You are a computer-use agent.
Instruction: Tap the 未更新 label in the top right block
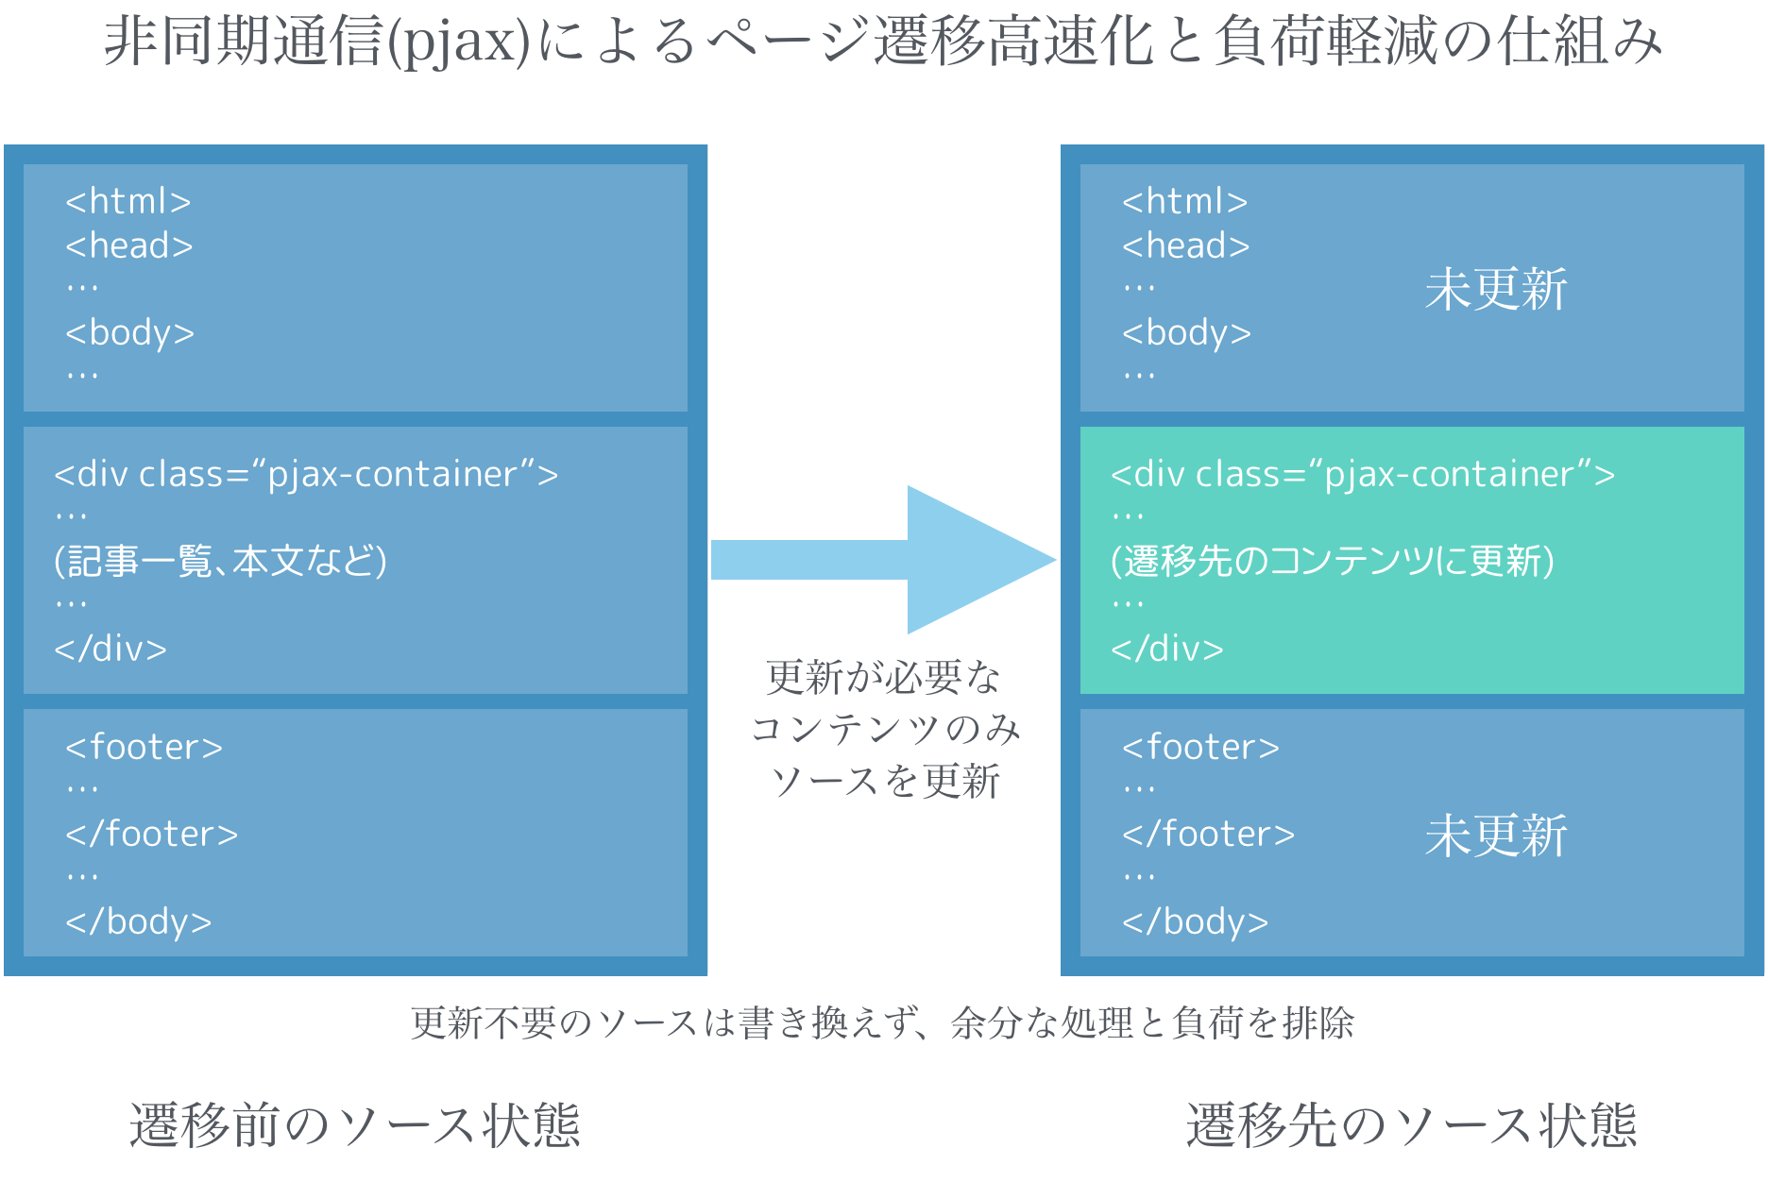[1496, 289]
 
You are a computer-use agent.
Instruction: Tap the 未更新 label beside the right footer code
[1496, 836]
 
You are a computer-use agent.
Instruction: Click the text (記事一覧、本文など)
[220, 561]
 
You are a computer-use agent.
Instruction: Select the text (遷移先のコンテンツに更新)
[1332, 561]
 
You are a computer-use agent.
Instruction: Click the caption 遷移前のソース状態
[354, 1125]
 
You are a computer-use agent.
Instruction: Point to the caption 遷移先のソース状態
[1411, 1125]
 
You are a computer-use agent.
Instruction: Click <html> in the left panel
[128, 201]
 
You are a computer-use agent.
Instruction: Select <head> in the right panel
[1185, 245]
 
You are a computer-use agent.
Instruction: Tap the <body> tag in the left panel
[129, 332]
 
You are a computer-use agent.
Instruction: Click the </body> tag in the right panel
[1195, 921]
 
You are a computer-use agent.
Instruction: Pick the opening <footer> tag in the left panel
[144, 747]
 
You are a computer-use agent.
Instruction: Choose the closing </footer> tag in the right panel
[1208, 834]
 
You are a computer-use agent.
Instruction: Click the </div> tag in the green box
[1167, 649]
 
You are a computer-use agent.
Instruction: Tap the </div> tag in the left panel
[110, 649]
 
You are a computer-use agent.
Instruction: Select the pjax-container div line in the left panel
[306, 474]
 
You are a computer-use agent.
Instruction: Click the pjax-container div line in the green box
[1363, 474]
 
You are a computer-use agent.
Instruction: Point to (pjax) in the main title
[459, 42]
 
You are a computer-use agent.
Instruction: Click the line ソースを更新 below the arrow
[885, 781]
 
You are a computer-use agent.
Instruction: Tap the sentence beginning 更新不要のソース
[883, 1022]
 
